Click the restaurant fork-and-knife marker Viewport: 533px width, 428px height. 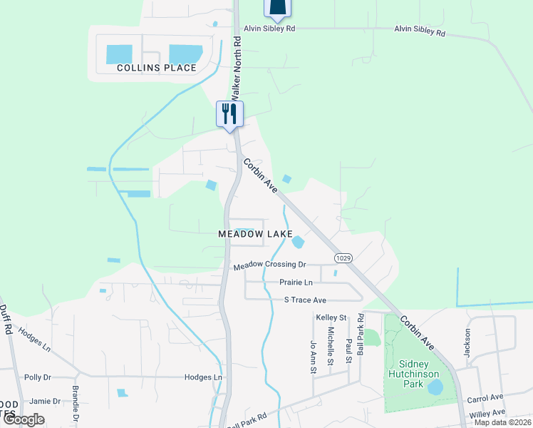coord(229,113)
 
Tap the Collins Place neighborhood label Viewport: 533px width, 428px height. coord(156,68)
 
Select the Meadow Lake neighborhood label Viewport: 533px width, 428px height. coord(245,234)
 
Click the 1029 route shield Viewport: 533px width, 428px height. coord(342,256)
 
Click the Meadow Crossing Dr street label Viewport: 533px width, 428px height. coord(269,265)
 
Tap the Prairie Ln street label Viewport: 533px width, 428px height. coord(296,282)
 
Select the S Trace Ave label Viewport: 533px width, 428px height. coord(305,300)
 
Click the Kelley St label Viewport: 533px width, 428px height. coord(331,317)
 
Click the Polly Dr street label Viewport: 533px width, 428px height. coord(38,377)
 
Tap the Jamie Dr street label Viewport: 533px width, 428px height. coord(45,402)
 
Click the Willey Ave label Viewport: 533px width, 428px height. coord(488,413)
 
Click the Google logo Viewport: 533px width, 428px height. coord(23,419)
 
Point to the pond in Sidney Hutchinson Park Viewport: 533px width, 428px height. coord(434,387)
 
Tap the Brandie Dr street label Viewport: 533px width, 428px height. coord(75,402)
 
